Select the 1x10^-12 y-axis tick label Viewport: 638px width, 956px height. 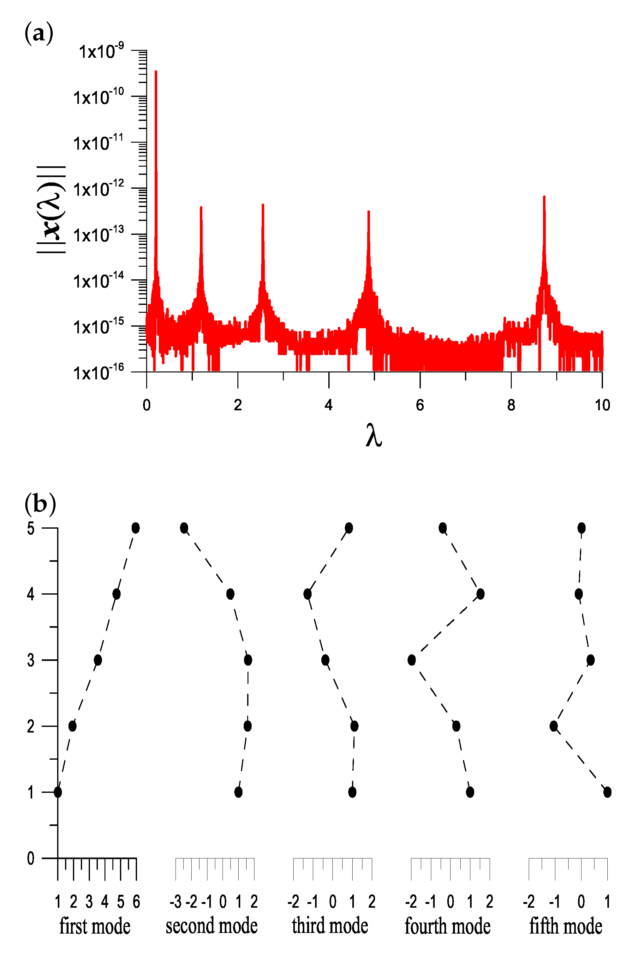point(98,189)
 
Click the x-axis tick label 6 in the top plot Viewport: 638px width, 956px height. point(420,405)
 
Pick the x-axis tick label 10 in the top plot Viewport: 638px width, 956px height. point(602,405)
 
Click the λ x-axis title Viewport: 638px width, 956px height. point(373,436)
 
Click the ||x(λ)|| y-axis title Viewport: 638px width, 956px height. point(51,210)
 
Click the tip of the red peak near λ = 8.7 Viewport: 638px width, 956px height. point(544,197)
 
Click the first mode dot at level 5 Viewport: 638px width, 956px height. point(135,528)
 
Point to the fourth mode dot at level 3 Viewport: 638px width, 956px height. point(411,660)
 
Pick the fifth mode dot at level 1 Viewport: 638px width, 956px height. point(607,792)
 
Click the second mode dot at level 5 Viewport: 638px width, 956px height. point(184,528)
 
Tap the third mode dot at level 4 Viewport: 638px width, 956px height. point(307,594)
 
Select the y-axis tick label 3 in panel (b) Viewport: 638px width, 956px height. point(31,660)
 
